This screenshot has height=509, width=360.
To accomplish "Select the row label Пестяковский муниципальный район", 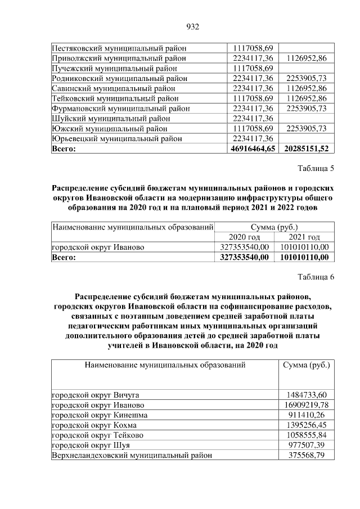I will tap(119, 48).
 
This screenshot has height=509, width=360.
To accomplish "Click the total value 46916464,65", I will tap(253, 148).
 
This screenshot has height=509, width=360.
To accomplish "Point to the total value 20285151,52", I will tap(307, 148).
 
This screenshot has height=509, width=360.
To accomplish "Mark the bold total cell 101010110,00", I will tap(304, 257).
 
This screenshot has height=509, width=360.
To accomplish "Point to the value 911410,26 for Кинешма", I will tap(307, 415).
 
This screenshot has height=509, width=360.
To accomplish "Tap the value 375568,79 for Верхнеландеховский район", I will tap(307, 455).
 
